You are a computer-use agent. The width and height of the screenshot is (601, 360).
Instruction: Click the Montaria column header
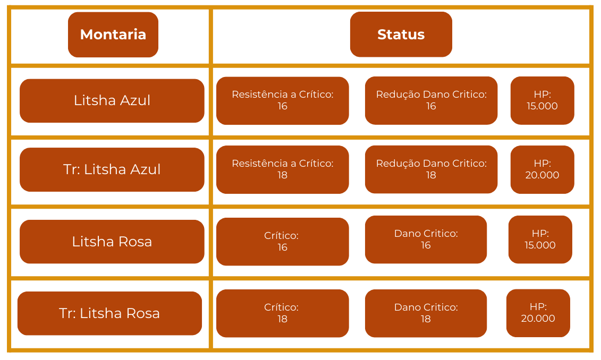pyautogui.click(x=113, y=35)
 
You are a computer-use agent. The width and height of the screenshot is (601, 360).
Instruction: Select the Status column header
pyautogui.click(x=401, y=35)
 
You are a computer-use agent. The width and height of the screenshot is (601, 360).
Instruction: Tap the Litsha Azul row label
pyautogui.click(x=112, y=100)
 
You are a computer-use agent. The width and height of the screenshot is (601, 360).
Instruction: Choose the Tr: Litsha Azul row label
pyautogui.click(x=112, y=169)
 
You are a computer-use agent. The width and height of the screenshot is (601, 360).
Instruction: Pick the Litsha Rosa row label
pyautogui.click(x=112, y=242)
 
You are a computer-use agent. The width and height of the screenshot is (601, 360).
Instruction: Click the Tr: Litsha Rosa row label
pyautogui.click(x=109, y=313)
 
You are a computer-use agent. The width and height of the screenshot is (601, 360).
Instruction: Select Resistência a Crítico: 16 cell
pyautogui.click(x=282, y=100)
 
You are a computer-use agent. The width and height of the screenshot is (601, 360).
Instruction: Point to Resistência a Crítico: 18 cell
pyautogui.click(x=282, y=169)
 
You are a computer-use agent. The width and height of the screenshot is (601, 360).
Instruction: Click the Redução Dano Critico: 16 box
pyautogui.click(x=431, y=100)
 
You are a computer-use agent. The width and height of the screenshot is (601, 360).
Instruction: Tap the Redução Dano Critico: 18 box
pyautogui.click(x=431, y=169)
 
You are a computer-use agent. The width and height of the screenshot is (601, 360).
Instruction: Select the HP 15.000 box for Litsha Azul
pyautogui.click(x=542, y=100)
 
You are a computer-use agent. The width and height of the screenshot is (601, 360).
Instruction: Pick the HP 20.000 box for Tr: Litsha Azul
pyautogui.click(x=542, y=169)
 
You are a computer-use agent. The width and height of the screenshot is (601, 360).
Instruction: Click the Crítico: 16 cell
pyautogui.click(x=282, y=242)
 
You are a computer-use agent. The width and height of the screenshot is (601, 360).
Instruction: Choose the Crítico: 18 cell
pyautogui.click(x=282, y=313)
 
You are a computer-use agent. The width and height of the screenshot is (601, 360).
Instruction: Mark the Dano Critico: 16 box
pyautogui.click(x=426, y=239)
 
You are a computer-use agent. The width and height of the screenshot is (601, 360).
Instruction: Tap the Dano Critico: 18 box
pyautogui.click(x=426, y=313)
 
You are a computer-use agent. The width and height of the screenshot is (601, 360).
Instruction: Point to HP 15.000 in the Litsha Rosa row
pyautogui.click(x=540, y=239)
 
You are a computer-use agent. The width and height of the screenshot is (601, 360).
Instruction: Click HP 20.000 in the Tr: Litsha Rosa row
pyautogui.click(x=538, y=313)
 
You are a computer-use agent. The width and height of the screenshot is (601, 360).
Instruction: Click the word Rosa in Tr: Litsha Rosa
pyautogui.click(x=142, y=313)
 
